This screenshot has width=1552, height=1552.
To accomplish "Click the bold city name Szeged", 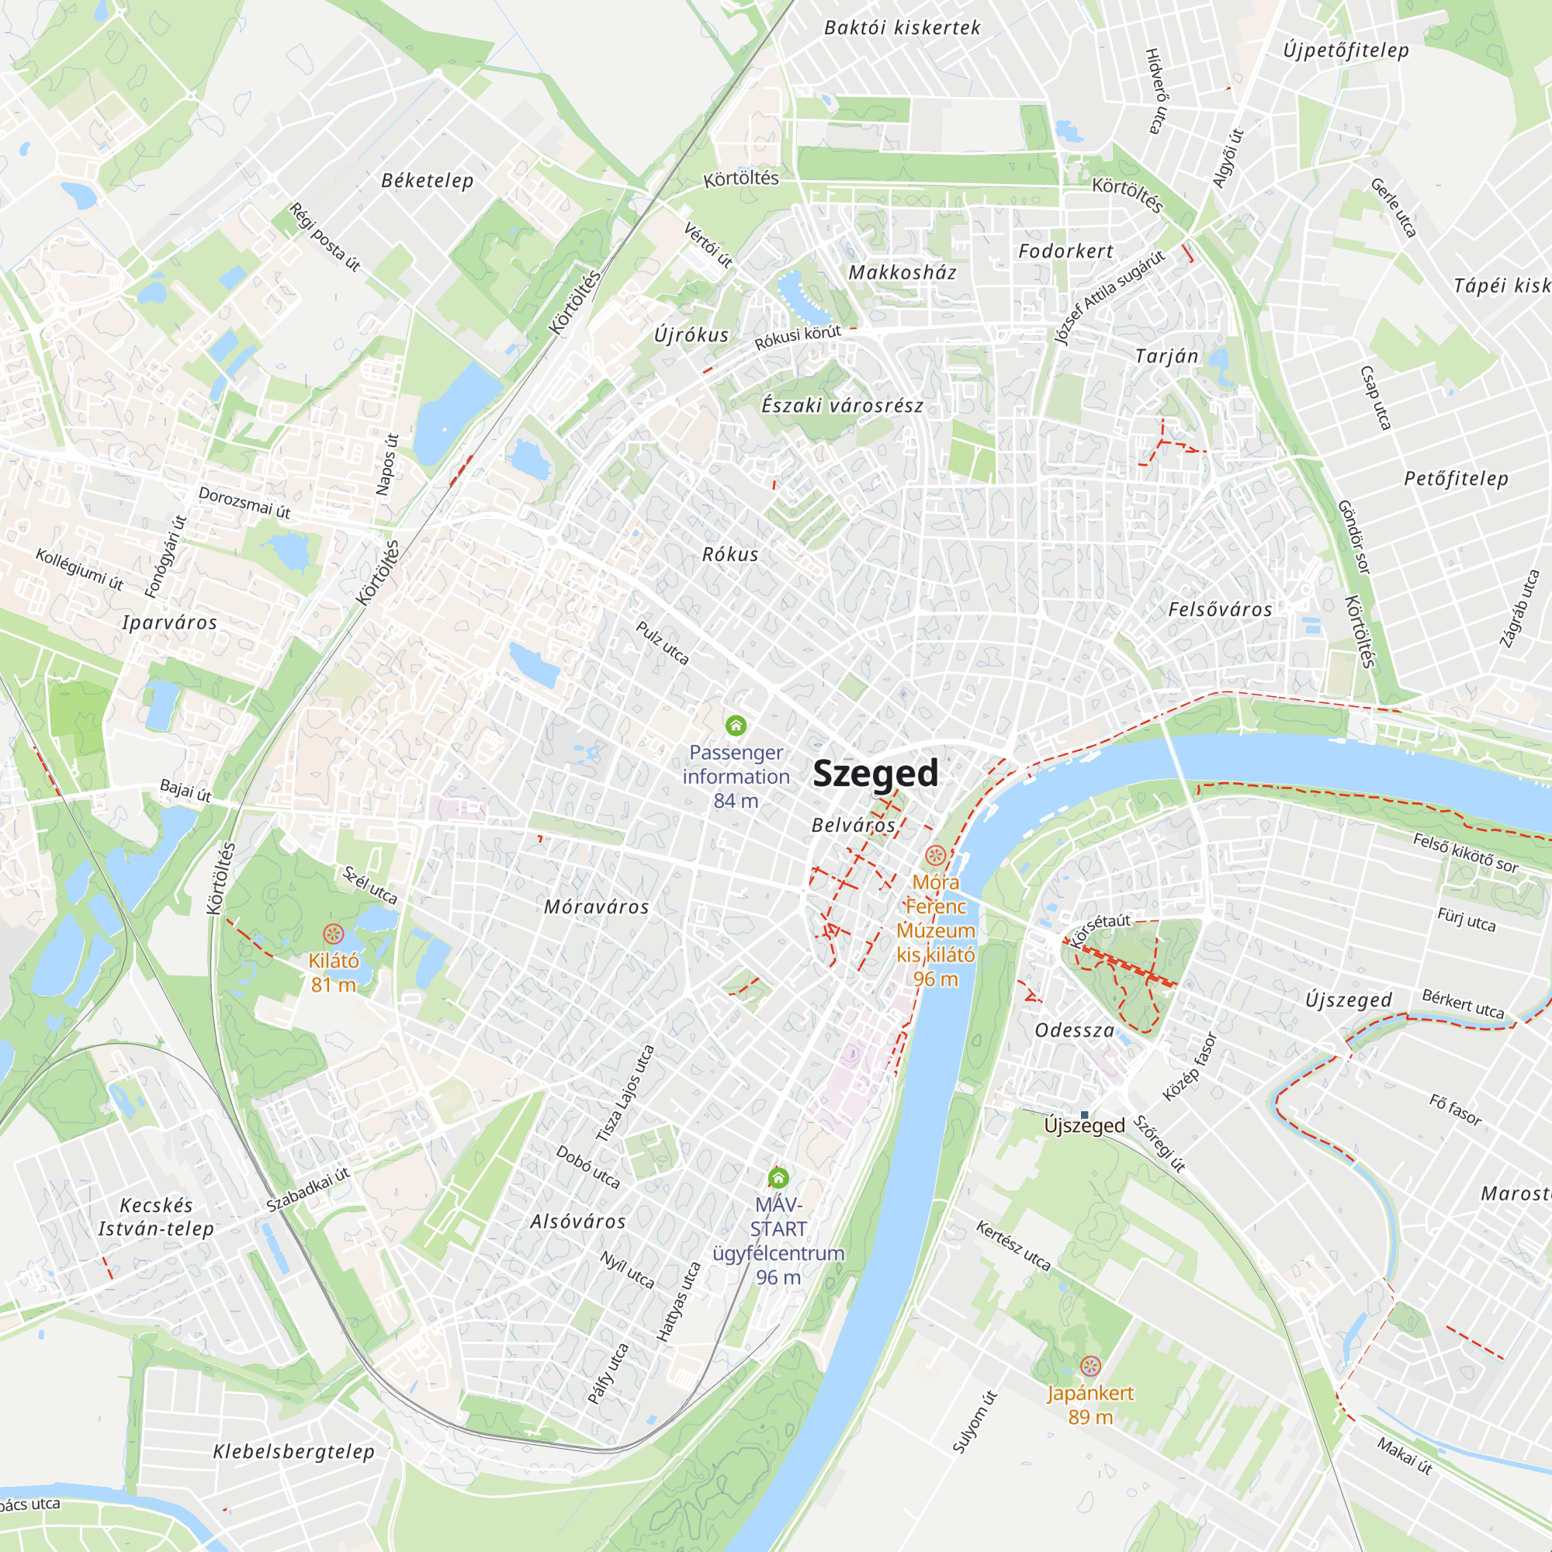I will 875,774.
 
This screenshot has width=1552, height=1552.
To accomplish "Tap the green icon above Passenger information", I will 736,726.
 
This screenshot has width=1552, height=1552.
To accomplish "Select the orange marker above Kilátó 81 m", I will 334,934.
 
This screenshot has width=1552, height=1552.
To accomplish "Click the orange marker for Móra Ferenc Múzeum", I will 935,855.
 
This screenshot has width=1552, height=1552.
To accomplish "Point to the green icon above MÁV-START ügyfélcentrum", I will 778,1179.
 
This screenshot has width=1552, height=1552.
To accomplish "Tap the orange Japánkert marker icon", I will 1090,1366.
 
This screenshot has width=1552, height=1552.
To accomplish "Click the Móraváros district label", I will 596,907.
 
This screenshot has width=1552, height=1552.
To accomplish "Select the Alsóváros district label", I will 577,1222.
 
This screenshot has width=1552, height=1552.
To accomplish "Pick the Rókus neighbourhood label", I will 730,554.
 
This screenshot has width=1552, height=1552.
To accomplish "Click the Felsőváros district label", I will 1220,610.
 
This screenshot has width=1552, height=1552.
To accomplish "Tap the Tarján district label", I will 1166,356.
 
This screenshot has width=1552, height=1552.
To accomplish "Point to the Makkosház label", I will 903,272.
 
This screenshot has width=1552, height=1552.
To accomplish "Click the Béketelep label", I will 428,181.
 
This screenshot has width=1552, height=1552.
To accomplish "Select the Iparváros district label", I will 169,622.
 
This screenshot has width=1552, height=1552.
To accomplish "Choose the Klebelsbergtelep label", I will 294,1452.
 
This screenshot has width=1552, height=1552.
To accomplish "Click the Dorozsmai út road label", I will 244,503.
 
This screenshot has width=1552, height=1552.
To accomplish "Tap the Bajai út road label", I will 185,791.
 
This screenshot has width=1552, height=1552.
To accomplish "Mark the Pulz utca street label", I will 663,643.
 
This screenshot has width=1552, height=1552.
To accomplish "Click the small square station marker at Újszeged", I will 1085,1115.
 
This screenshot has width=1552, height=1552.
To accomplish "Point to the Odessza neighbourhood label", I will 1075,1031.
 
